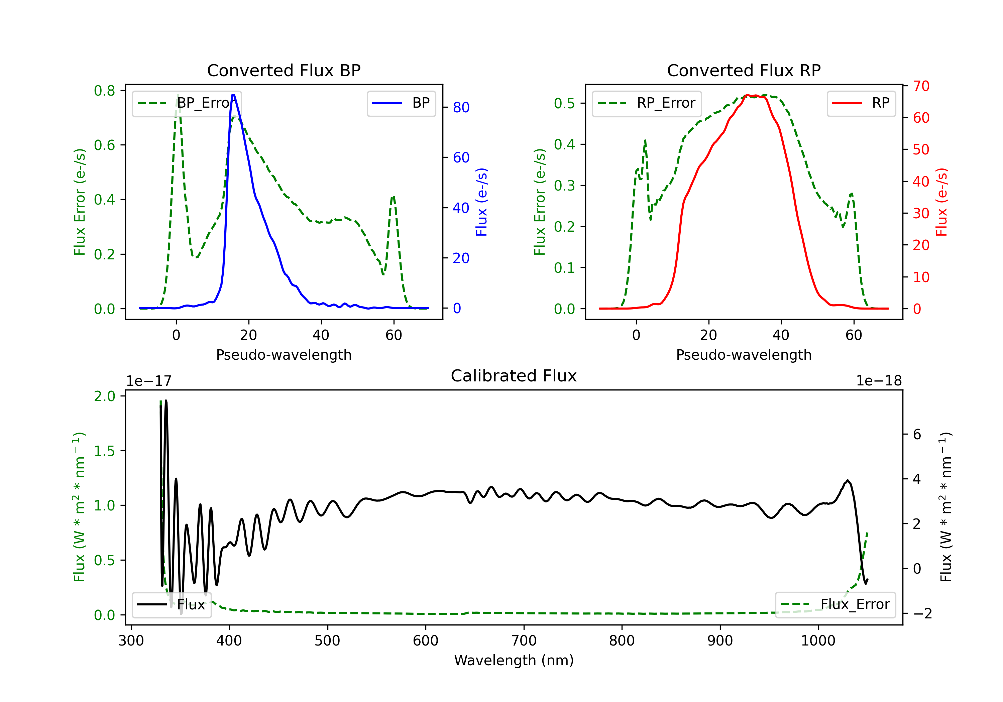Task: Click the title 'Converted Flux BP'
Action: (284, 70)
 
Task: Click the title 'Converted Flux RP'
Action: (744, 70)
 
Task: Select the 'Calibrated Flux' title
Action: (514, 376)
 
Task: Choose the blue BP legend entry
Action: (401, 103)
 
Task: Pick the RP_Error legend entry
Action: (647, 103)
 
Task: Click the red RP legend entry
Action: (861, 103)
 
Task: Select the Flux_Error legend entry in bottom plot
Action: (835, 605)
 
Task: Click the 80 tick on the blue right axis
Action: (461, 107)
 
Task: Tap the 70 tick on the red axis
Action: (921, 86)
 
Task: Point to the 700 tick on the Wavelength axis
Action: (524, 641)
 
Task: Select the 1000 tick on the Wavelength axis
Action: (818, 641)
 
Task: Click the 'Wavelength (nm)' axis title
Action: (514, 661)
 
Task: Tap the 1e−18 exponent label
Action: (879, 381)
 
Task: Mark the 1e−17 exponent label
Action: (149, 381)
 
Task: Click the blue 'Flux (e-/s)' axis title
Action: (481, 202)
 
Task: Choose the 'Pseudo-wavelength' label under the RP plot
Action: (744, 355)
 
